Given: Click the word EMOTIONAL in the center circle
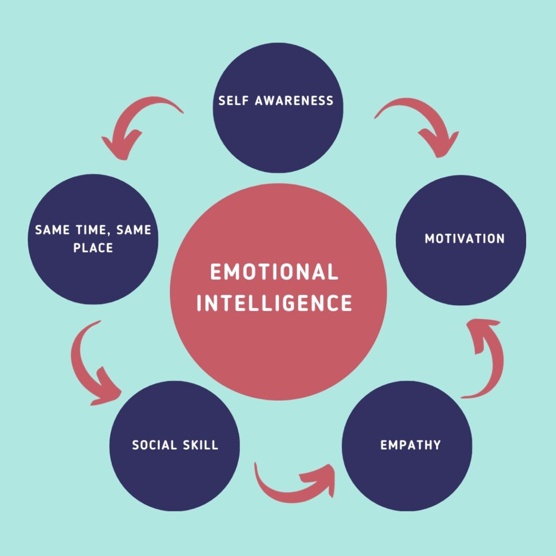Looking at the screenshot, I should pyautogui.click(x=274, y=272).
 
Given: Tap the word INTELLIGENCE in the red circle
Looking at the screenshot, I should pyautogui.click(x=274, y=302).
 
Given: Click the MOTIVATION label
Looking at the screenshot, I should pyautogui.click(x=464, y=238).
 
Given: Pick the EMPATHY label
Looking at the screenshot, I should pyautogui.click(x=410, y=445).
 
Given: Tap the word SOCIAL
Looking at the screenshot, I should pyautogui.click(x=155, y=445).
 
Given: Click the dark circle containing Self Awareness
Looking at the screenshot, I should pyautogui.click(x=277, y=136).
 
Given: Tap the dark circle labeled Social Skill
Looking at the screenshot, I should pyautogui.click(x=174, y=472).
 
